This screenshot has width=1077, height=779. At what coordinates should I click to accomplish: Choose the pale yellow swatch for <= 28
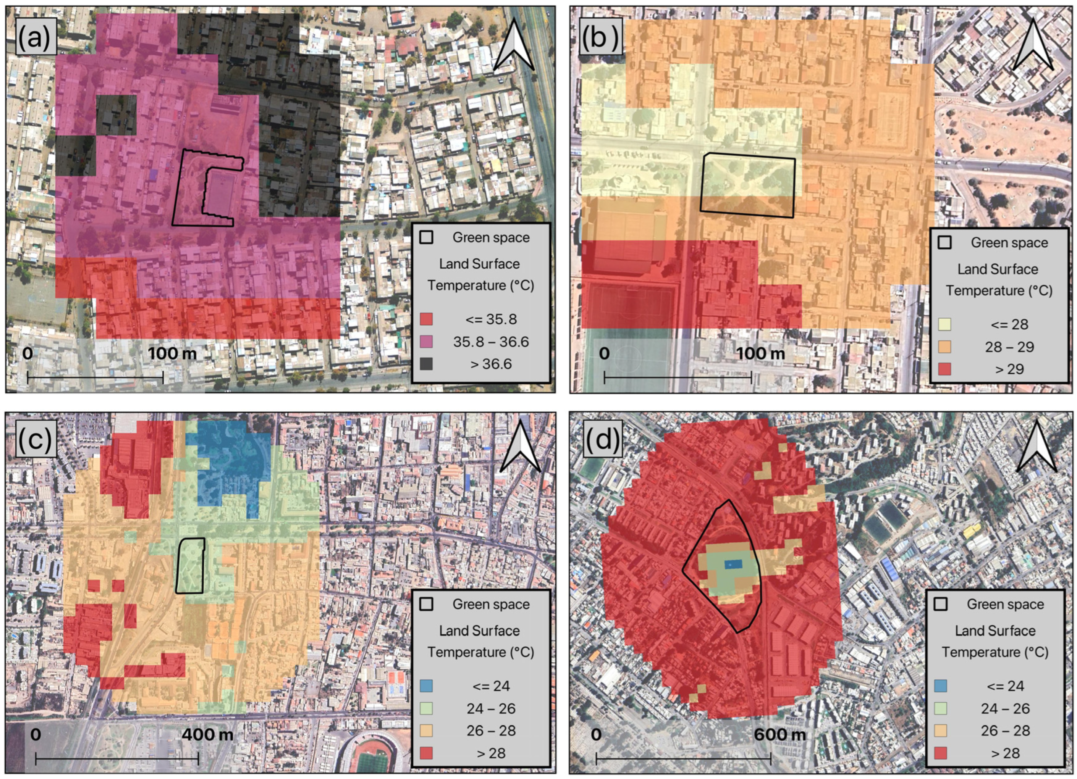944,324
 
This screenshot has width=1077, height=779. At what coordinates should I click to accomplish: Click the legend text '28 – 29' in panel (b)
1009,347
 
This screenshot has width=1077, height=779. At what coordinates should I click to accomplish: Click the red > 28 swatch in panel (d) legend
941,753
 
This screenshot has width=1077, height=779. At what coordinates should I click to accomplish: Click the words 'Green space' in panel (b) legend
1009,243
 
